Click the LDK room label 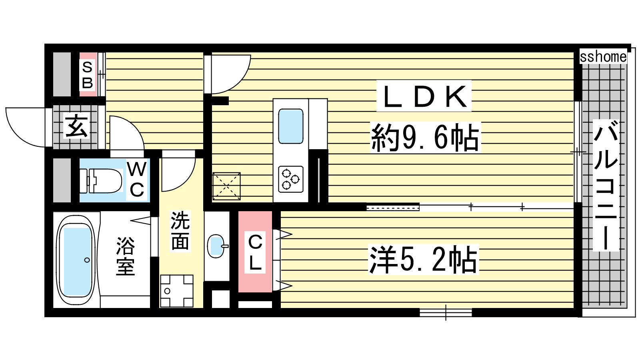424,96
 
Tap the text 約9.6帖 425,138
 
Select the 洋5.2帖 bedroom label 424,260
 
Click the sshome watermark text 603,56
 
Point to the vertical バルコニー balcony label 606,185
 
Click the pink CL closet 255,252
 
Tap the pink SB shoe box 88,74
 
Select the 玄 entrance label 76,126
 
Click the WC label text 137,180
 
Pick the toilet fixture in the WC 100,180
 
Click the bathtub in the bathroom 76,260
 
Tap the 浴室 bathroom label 125,256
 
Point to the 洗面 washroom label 180,230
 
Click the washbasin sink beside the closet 217,246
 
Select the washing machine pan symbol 176,291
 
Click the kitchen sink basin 291,126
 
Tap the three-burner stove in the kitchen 291,179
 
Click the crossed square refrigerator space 226,186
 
